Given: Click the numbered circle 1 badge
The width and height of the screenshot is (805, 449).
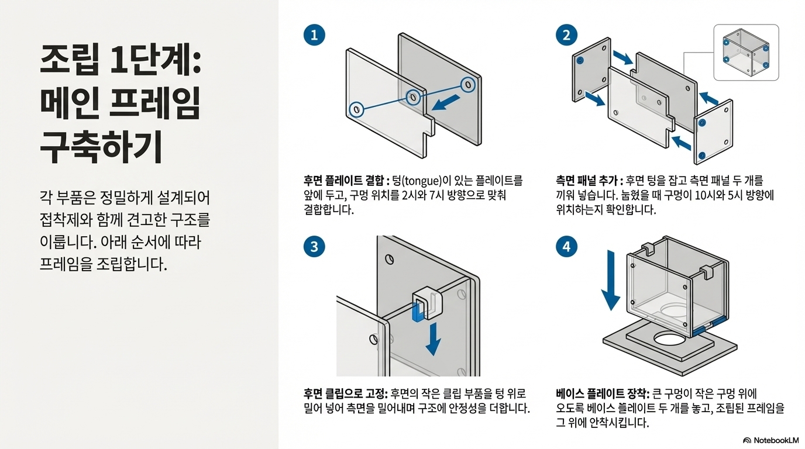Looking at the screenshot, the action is point(314,35).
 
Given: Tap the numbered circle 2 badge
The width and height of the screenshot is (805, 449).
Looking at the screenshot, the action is point(566,35).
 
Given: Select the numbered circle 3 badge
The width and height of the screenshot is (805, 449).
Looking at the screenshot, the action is point(314,247).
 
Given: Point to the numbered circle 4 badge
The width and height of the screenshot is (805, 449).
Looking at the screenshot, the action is point(566,247).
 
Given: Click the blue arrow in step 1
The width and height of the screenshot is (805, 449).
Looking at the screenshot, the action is point(446,103).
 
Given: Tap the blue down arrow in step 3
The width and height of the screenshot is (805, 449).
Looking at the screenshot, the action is point(434,339).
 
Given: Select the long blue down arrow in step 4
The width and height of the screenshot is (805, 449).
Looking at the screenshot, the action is point(611,281).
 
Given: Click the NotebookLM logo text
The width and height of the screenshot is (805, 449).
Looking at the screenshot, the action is point(776,440).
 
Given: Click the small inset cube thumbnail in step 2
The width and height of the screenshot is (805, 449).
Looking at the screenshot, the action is point(746,53).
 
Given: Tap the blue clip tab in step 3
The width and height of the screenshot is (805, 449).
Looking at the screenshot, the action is point(418,310).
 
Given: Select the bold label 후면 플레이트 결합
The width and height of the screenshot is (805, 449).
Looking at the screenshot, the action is point(344,180).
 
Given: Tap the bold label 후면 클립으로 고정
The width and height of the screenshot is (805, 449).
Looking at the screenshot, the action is point(345,394).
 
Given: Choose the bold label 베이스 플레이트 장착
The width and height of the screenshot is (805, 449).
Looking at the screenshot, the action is point(602,394).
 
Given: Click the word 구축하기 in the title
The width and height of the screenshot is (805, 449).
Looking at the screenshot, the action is point(101,147).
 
